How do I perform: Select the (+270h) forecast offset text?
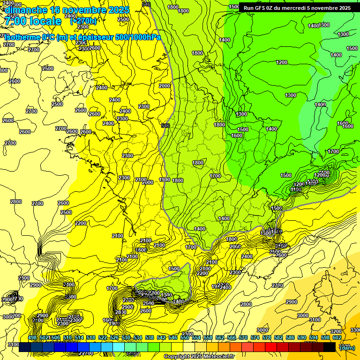click(83, 21)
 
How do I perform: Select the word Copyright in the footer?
click(177, 357)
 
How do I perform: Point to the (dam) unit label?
click(347, 348)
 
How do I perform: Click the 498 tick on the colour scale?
click(32, 337)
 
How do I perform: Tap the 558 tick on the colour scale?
click(208, 337)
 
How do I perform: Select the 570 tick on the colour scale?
click(243, 337)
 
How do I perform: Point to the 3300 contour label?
click(355, 330)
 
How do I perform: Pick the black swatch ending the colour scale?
click(330, 347)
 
